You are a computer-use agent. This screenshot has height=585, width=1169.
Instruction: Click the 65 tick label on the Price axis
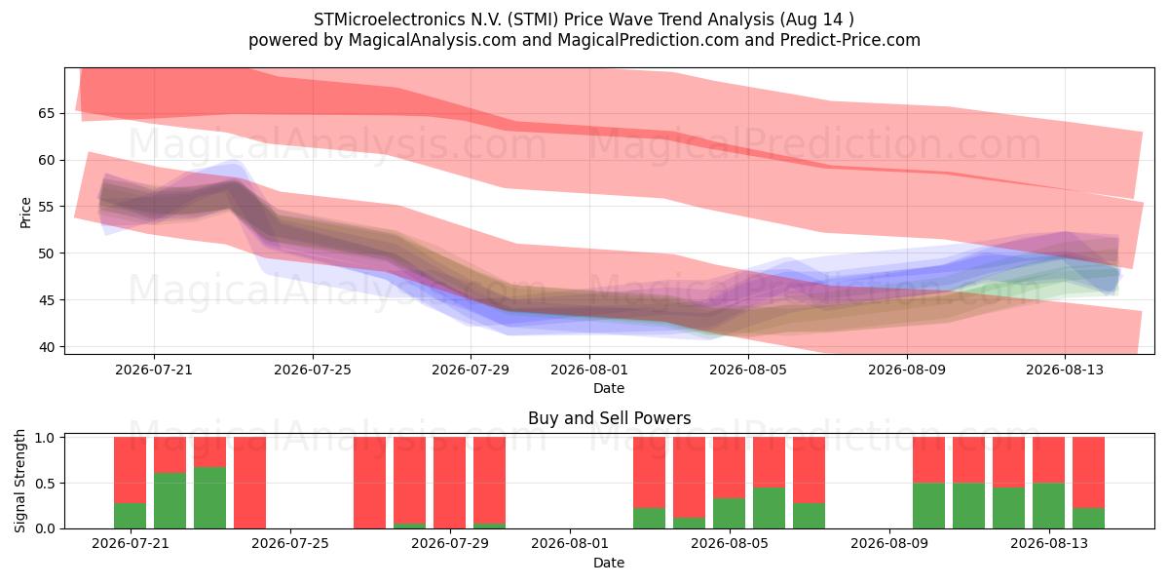[47, 113]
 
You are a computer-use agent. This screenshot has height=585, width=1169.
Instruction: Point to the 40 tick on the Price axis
[47, 347]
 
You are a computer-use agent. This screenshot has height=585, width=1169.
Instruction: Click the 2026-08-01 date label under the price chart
[589, 370]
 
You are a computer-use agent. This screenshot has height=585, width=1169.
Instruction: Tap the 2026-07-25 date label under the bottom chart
[290, 544]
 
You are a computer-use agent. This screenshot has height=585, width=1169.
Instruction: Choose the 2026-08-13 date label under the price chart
[1065, 370]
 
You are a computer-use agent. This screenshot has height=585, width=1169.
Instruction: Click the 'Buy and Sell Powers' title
[609, 418]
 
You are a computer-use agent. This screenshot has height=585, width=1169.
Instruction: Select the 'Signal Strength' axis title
[19, 481]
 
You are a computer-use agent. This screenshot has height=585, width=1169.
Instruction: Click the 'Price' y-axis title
[25, 214]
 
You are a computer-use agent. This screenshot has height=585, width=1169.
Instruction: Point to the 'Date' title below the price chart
[609, 388]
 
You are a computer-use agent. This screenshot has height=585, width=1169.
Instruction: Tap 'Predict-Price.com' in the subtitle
[850, 40]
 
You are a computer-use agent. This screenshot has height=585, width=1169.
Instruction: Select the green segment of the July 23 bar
[209, 497]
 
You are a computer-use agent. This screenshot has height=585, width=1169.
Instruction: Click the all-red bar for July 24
[250, 483]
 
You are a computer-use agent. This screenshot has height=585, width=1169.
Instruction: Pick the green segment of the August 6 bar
[809, 516]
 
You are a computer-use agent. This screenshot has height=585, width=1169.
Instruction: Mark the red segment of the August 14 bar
[1089, 472]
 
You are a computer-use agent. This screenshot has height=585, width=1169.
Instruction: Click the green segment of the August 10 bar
[929, 506]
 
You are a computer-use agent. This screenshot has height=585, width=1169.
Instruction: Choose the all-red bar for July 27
[369, 483]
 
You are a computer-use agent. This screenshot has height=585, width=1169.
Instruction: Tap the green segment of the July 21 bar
[130, 516]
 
